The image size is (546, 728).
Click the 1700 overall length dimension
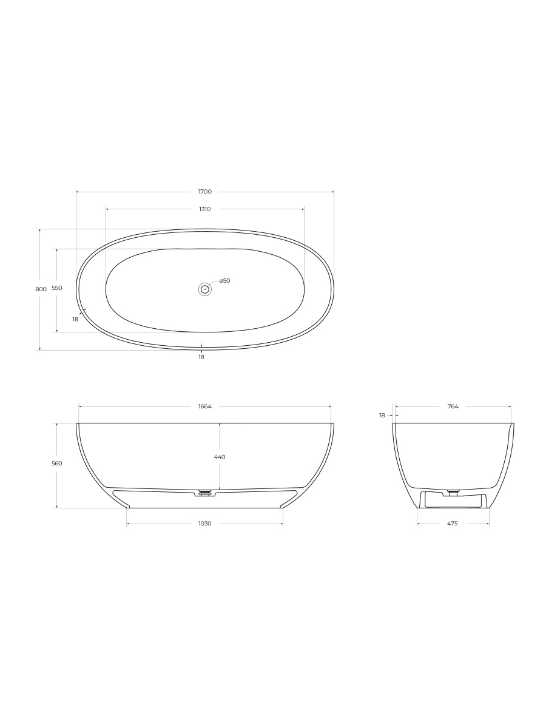(x=205, y=191)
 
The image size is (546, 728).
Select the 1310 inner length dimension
(x=205, y=209)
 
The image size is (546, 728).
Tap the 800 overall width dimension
(x=41, y=289)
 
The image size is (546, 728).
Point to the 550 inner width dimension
(x=57, y=288)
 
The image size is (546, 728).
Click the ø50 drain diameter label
(x=224, y=281)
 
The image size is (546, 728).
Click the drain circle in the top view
(x=205, y=289)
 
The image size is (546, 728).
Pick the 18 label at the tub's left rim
(x=75, y=319)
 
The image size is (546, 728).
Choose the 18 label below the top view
(x=201, y=357)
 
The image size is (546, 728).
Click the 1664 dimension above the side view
(x=205, y=406)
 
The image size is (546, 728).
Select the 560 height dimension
(x=57, y=463)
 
